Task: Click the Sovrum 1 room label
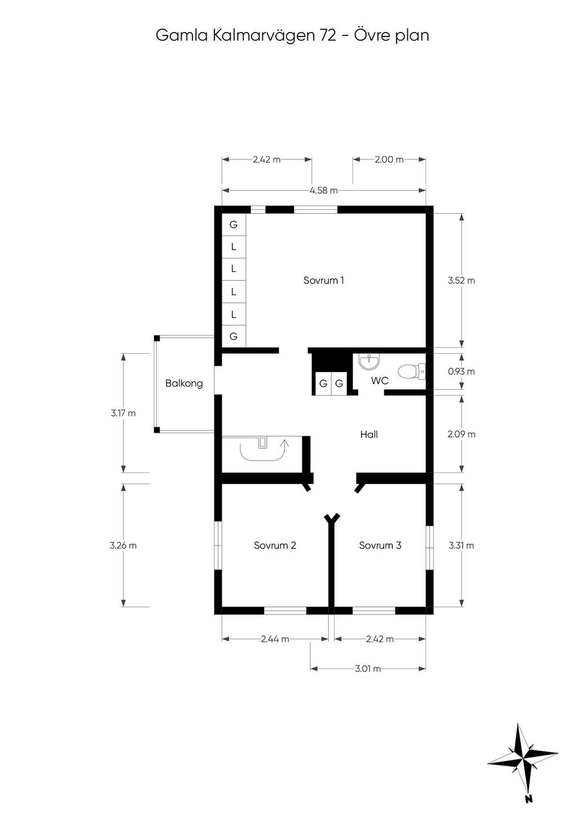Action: point(323,280)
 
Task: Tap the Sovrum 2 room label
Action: point(275,545)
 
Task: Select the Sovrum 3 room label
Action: point(380,545)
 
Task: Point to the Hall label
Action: point(369,434)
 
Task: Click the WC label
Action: point(379,381)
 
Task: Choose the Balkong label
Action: point(184,383)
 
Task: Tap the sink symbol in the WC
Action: point(369,361)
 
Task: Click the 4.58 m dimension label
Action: point(324,191)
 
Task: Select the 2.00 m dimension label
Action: point(389,159)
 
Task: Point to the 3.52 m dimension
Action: point(461,281)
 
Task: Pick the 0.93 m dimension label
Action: point(461,371)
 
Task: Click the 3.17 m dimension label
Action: point(123,413)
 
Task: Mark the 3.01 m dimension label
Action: point(368,669)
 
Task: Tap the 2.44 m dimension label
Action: point(275,639)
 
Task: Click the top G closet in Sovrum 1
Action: point(234,225)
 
